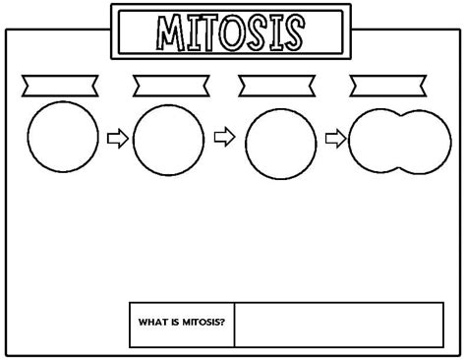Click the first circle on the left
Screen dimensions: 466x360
pos(63,138)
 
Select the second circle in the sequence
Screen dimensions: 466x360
pos(168,139)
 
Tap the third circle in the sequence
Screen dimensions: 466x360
pos(280,141)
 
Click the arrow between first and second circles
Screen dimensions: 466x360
pos(116,139)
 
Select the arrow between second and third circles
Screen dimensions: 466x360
pos(224,139)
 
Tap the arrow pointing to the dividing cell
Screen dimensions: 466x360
pos(335,139)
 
